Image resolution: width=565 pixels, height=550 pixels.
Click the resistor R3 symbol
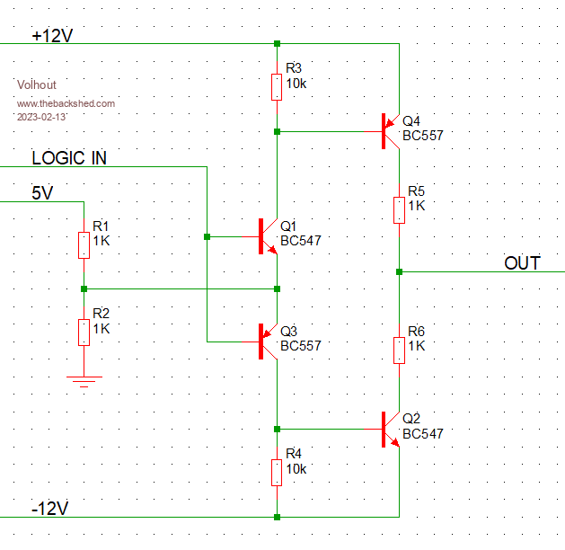pos(277,87)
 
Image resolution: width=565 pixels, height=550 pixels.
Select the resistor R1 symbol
pos(84,244)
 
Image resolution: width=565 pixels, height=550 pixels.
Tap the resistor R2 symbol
pos(84,332)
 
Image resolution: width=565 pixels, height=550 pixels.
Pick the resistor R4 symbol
pos(277,472)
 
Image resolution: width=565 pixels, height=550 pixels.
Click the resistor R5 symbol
pos(399,209)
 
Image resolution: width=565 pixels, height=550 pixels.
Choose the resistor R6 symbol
pos(399,350)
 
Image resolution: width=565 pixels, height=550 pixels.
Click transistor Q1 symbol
pos(268,237)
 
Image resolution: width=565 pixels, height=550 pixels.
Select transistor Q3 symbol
pos(268,342)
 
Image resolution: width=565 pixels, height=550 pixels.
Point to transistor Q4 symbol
pos(390,131)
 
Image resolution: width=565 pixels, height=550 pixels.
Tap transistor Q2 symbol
pos(390,429)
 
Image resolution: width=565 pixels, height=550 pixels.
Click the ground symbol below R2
pos(84,382)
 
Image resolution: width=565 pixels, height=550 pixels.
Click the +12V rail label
pos(51,36)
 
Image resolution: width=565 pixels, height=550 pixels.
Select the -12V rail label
pos(49,509)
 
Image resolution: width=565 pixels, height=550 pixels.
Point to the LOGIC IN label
pos(69,158)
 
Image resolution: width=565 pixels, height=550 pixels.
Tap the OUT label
pos(522,262)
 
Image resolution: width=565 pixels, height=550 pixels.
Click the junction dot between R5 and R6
pos(399,271)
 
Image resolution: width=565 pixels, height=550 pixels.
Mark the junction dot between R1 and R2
pos(84,288)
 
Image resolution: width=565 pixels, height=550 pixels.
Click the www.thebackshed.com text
pos(66,103)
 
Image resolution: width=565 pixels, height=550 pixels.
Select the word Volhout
pos(36,84)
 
